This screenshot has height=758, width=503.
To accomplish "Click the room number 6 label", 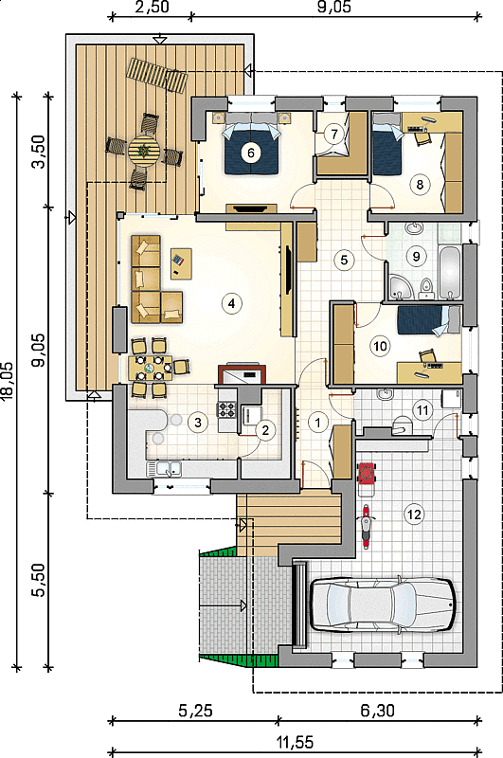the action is point(250,153).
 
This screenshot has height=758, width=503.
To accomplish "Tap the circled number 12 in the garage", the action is point(414,514).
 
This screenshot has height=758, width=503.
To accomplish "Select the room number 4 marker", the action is point(231,303).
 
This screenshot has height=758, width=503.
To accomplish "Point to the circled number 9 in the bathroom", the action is point(417,256).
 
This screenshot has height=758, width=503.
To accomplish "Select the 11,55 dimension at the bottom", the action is point(296,742).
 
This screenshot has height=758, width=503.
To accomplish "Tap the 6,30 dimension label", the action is point(377,710).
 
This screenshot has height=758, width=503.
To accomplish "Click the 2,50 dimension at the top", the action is point(152,8).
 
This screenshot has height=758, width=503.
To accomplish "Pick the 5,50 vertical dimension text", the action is point(40,580).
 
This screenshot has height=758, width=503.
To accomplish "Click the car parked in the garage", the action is point(383,604).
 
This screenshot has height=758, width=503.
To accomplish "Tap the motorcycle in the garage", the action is point(367,527).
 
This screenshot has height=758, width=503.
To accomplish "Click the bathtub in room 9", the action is point(450,272).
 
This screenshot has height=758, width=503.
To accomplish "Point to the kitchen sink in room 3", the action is point(164,469).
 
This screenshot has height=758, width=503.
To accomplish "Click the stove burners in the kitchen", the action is point(225,410).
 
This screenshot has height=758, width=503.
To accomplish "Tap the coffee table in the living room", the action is point(181,264).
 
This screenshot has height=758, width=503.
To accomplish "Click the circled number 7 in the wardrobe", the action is point(333,134).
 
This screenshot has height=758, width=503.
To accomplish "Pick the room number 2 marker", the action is point(265,430).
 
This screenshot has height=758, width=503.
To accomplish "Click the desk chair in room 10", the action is point(427,357).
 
